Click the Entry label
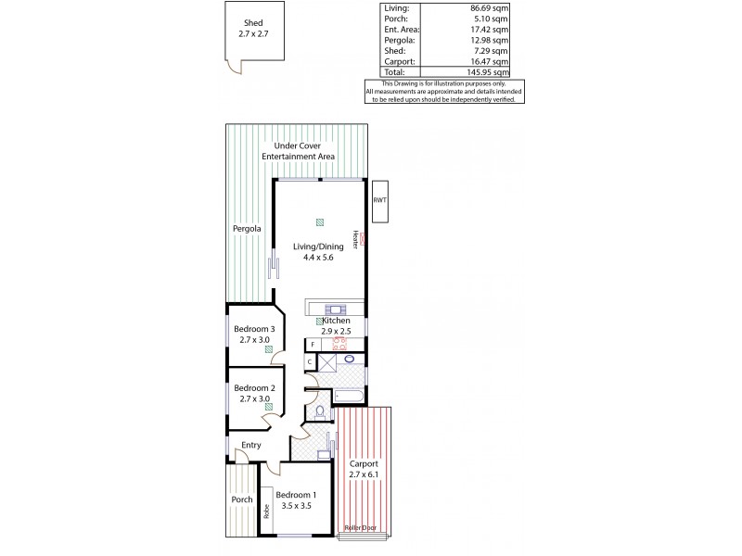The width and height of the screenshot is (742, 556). (250, 446)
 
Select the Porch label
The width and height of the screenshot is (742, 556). (241, 499)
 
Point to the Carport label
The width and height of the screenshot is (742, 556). (365, 468)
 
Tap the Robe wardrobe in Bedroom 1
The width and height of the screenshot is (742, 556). (265, 511)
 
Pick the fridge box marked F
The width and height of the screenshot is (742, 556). (313, 344)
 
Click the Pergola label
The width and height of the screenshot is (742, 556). (247, 228)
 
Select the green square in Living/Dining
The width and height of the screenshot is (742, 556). (320, 221)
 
